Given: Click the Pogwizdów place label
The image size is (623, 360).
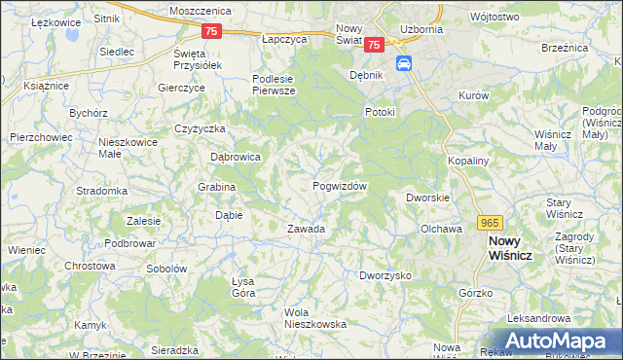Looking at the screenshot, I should point(339,186).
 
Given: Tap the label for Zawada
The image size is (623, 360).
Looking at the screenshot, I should point(305,229).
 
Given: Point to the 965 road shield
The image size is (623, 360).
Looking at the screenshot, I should point(490,222).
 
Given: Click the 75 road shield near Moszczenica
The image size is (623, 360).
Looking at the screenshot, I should point(213,31).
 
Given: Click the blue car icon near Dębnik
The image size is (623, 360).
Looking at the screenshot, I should point(405,64).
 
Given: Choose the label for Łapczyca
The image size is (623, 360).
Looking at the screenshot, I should point(284,39).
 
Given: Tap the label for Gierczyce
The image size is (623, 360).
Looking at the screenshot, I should point(181,87).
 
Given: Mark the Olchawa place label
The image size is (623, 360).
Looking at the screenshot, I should point(440,229).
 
